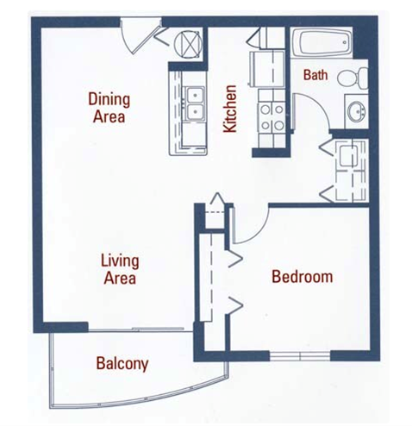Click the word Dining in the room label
(x=109, y=98)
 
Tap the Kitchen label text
(x=230, y=109)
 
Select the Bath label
(x=315, y=76)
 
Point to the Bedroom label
(x=302, y=277)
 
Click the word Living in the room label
(x=119, y=260)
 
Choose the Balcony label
(x=122, y=363)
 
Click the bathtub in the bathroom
(x=321, y=43)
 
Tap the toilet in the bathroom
(x=353, y=78)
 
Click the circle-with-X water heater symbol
(x=189, y=43)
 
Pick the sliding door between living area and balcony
(x=138, y=329)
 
